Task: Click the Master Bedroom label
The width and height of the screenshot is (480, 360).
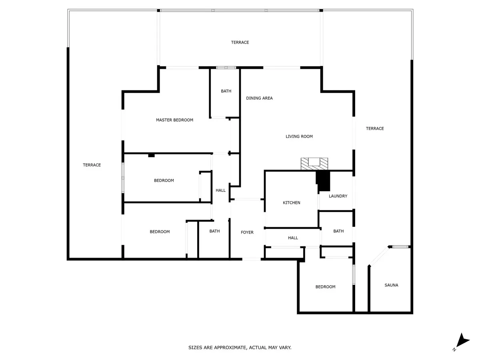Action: click(174, 120)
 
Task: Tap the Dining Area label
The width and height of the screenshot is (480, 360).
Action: click(259, 98)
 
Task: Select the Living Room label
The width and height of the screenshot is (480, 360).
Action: click(299, 136)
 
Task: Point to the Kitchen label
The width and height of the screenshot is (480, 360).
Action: click(292, 203)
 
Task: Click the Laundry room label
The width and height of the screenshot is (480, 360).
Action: click(338, 196)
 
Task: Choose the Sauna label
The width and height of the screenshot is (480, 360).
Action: click(391, 285)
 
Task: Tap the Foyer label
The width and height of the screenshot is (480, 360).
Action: click(247, 232)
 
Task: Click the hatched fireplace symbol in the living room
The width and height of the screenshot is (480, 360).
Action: click(314, 163)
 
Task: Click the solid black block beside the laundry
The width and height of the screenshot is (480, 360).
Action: click(323, 181)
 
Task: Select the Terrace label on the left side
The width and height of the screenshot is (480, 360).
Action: click(92, 165)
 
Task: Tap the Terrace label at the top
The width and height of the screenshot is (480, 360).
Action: click(240, 42)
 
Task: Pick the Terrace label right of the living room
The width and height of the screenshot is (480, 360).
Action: click(375, 128)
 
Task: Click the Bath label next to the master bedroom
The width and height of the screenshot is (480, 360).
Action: click(226, 91)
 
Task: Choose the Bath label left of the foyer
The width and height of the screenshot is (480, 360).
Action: click(214, 231)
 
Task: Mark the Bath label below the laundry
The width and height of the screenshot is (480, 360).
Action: click(338, 231)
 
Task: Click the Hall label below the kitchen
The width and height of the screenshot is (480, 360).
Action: click(293, 238)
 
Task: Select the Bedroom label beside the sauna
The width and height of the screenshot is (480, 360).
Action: click(325, 287)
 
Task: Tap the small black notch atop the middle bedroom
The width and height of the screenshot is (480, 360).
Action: click(151, 155)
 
